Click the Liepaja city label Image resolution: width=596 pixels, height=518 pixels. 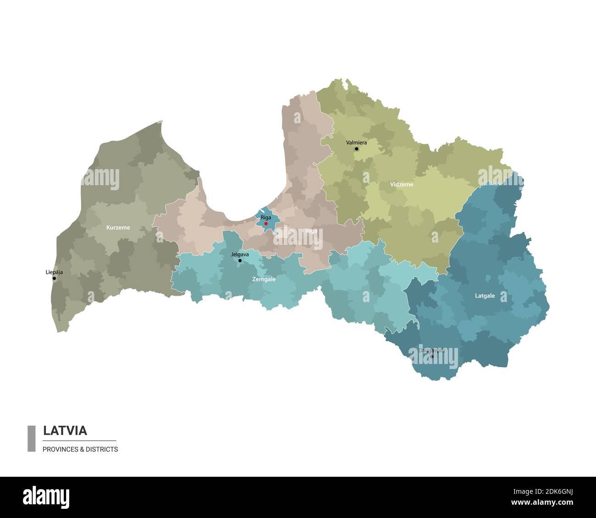pyautogui.click(x=54, y=272)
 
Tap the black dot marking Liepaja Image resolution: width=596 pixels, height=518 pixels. pyautogui.click(x=54, y=278)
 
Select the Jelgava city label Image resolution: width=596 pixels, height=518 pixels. pyautogui.click(x=240, y=254)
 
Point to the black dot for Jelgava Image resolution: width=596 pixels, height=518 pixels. pyautogui.click(x=240, y=260)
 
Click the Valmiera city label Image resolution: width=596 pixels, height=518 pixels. pyautogui.click(x=356, y=143)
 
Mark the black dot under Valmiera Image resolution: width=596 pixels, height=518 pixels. pyautogui.click(x=356, y=149)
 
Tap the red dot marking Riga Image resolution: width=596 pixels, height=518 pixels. pyautogui.click(x=266, y=223)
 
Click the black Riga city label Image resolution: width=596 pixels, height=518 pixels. pyautogui.click(x=265, y=217)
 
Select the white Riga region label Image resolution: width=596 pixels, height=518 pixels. pyautogui.click(x=311, y=231)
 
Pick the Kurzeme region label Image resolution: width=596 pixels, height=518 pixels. pyautogui.click(x=118, y=227)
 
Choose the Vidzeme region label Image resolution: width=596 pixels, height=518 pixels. pyautogui.click(x=401, y=184)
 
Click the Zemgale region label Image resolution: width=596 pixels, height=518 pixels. pyautogui.click(x=264, y=279)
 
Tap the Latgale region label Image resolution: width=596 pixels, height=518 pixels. pyautogui.click(x=485, y=296)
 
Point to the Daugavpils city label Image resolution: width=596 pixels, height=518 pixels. pyautogui.click(x=431, y=351)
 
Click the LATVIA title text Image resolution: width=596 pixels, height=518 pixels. pyautogui.click(x=65, y=430)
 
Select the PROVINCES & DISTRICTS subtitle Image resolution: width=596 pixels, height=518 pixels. pyautogui.click(x=80, y=449)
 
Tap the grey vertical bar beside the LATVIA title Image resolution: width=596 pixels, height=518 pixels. pyautogui.click(x=31, y=439)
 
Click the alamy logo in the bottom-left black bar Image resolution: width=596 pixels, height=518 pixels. pyautogui.click(x=46, y=497)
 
